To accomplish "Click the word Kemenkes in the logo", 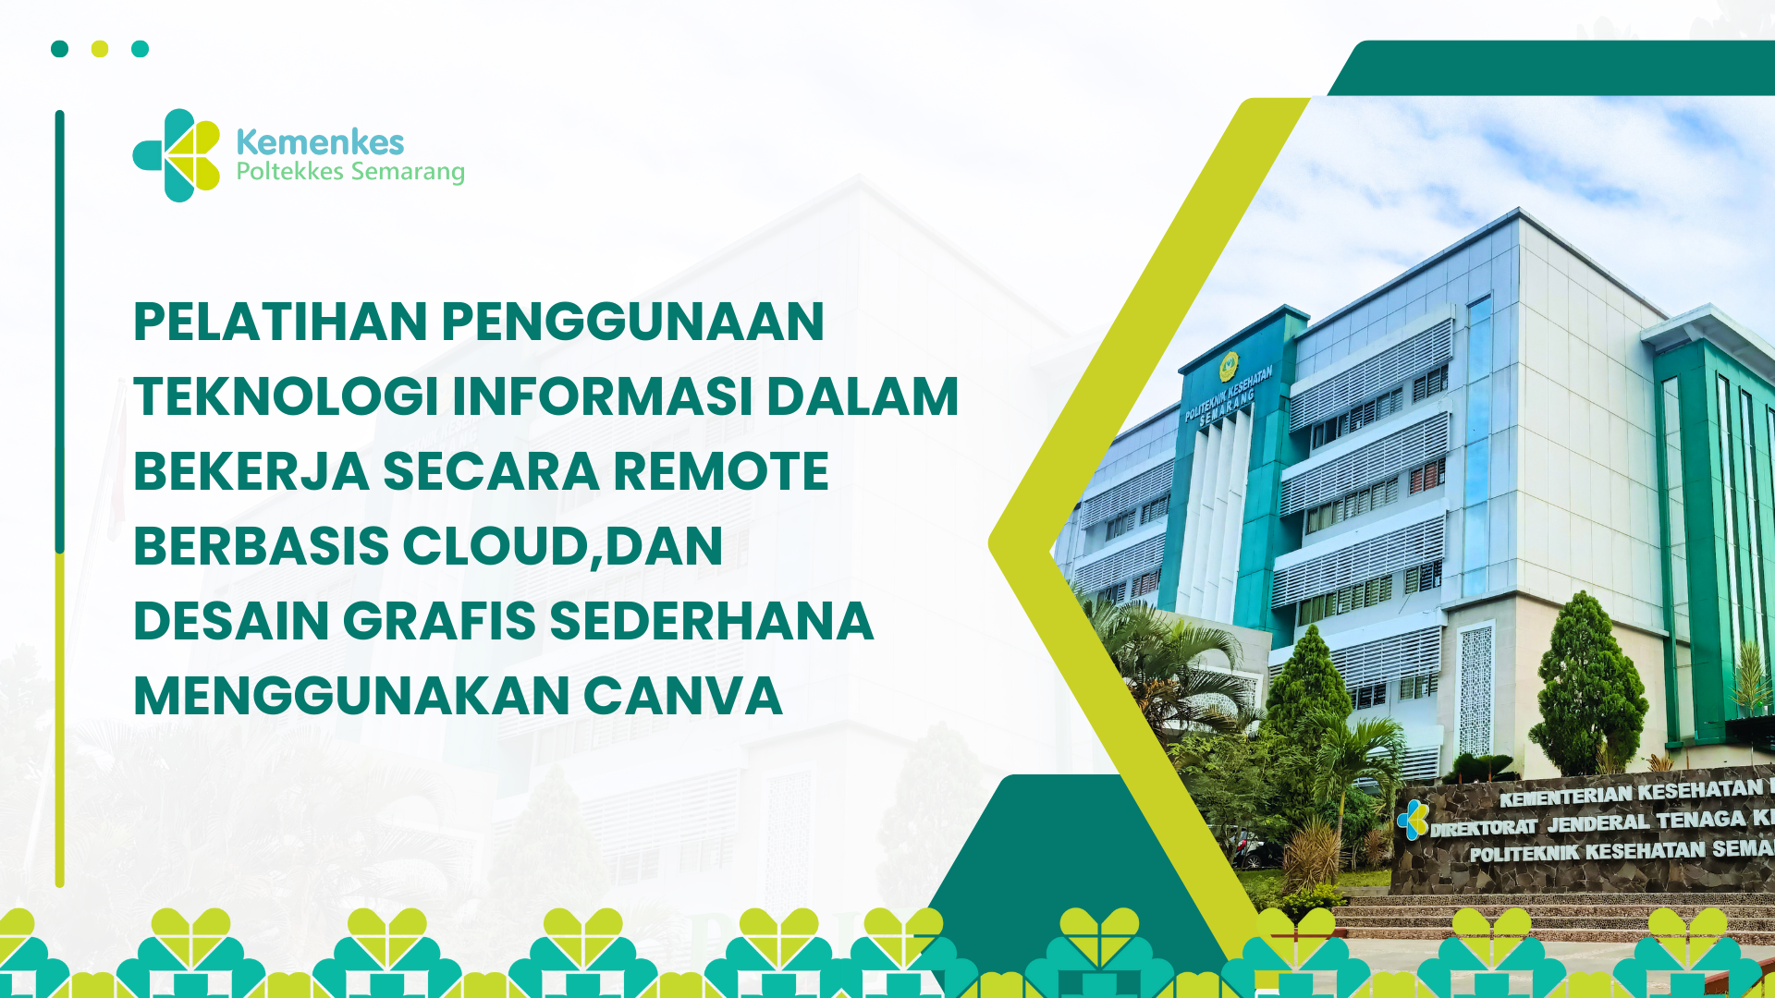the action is click(320, 142).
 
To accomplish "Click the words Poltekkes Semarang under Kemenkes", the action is click(350, 172).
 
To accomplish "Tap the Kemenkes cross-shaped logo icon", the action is click(177, 155).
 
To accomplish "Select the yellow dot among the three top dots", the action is click(100, 49).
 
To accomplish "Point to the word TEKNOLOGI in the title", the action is click(286, 396).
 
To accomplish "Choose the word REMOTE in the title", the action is click(721, 471).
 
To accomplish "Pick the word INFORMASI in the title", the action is click(602, 396).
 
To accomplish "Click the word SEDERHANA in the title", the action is click(712, 621).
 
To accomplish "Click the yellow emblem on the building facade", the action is click(1228, 366).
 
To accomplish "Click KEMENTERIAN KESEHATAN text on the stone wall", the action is click(1631, 792).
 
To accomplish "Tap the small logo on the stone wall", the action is click(1413, 820).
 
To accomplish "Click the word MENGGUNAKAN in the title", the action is click(352, 696).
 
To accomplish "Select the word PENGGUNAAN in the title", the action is click(633, 322).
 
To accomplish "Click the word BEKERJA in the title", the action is click(251, 471).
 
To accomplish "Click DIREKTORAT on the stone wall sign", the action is click(1483, 827).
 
